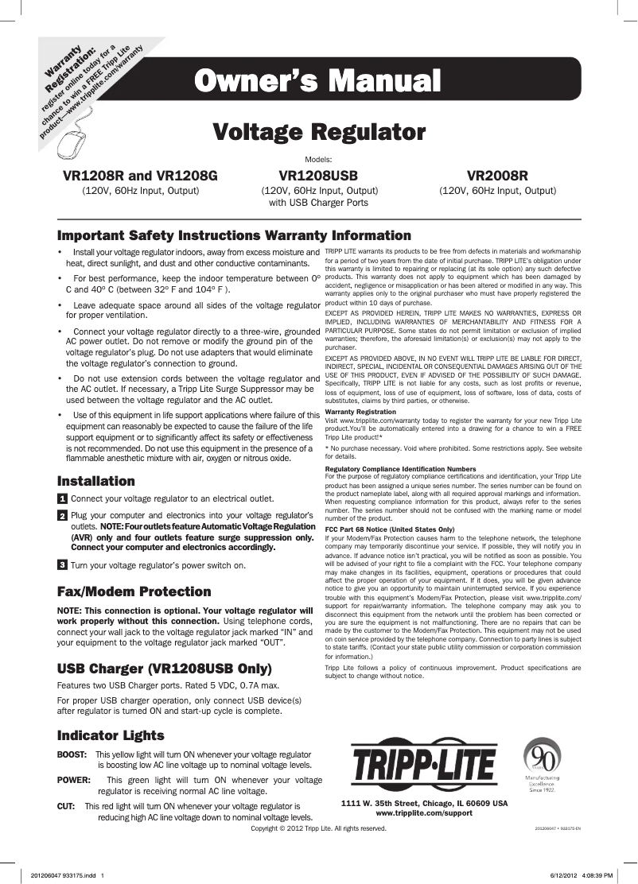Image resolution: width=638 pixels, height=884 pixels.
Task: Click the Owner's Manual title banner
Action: click(319, 81)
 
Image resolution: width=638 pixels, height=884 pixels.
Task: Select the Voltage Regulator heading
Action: click(319, 130)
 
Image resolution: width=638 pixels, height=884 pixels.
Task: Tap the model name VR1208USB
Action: click(319, 175)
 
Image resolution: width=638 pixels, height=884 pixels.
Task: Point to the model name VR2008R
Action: click(497, 175)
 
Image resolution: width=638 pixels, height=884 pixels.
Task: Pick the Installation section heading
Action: click(96, 481)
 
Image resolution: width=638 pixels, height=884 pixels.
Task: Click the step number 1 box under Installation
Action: click(62, 499)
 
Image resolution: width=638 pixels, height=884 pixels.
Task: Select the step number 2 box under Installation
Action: click(62, 517)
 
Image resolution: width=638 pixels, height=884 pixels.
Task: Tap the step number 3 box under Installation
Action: click(62, 565)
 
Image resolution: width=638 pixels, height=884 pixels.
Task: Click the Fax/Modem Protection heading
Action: click(134, 591)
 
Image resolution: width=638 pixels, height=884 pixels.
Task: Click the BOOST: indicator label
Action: click(72, 753)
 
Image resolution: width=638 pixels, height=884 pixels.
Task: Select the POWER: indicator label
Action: click(73, 780)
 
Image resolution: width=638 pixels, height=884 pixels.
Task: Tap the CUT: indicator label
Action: click(66, 806)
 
